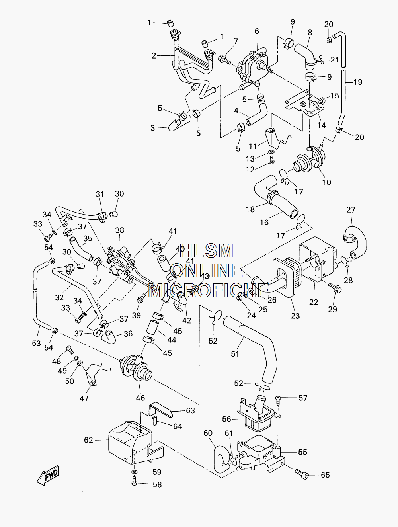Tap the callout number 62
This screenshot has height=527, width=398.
tap(88, 440)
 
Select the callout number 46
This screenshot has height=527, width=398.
tap(140, 398)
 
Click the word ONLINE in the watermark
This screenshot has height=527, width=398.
tap(208, 270)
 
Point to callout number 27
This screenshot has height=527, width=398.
tap(351, 210)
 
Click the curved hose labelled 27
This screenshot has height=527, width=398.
tap(354, 242)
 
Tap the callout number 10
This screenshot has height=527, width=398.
tap(326, 182)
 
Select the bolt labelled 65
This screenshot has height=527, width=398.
tap(302, 474)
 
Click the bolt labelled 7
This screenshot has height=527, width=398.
tap(224, 60)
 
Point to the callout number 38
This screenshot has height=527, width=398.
tap(119, 230)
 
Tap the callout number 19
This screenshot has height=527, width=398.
tap(358, 82)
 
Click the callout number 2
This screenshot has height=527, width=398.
tap(154, 56)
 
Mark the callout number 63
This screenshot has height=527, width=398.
tap(190, 410)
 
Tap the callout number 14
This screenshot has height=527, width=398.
tap(322, 125)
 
